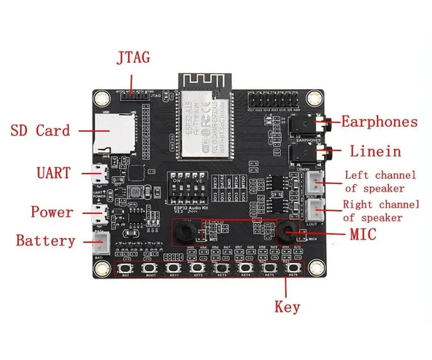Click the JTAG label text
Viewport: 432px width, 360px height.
coord(132,57)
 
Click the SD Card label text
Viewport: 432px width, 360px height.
coord(40,131)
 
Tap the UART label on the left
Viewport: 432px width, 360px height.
coord(54,173)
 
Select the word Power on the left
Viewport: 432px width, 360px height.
coord(52,212)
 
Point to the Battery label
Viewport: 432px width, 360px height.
coord(45,240)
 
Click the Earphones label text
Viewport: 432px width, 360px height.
coord(379,122)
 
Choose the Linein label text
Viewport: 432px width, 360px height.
coord(375,152)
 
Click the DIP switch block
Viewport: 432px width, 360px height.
coord(187,185)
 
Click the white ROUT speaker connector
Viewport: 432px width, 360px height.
coord(315,183)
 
